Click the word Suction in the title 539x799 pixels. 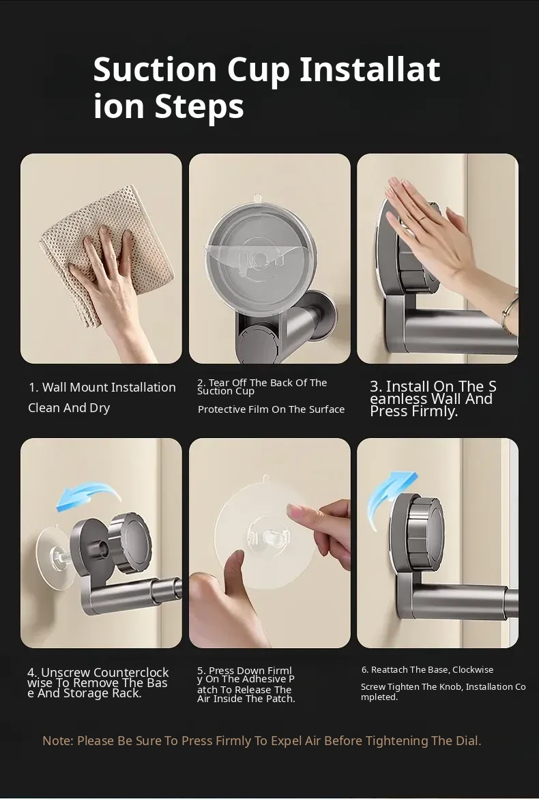pyautogui.click(x=155, y=70)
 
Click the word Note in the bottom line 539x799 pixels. pyautogui.click(x=57, y=740)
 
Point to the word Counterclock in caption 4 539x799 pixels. pyautogui.click(x=131, y=673)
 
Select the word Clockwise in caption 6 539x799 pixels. pyautogui.click(x=473, y=669)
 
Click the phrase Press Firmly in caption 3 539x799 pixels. pyautogui.click(x=413, y=411)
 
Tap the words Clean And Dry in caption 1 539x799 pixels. pyautogui.click(x=69, y=407)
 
